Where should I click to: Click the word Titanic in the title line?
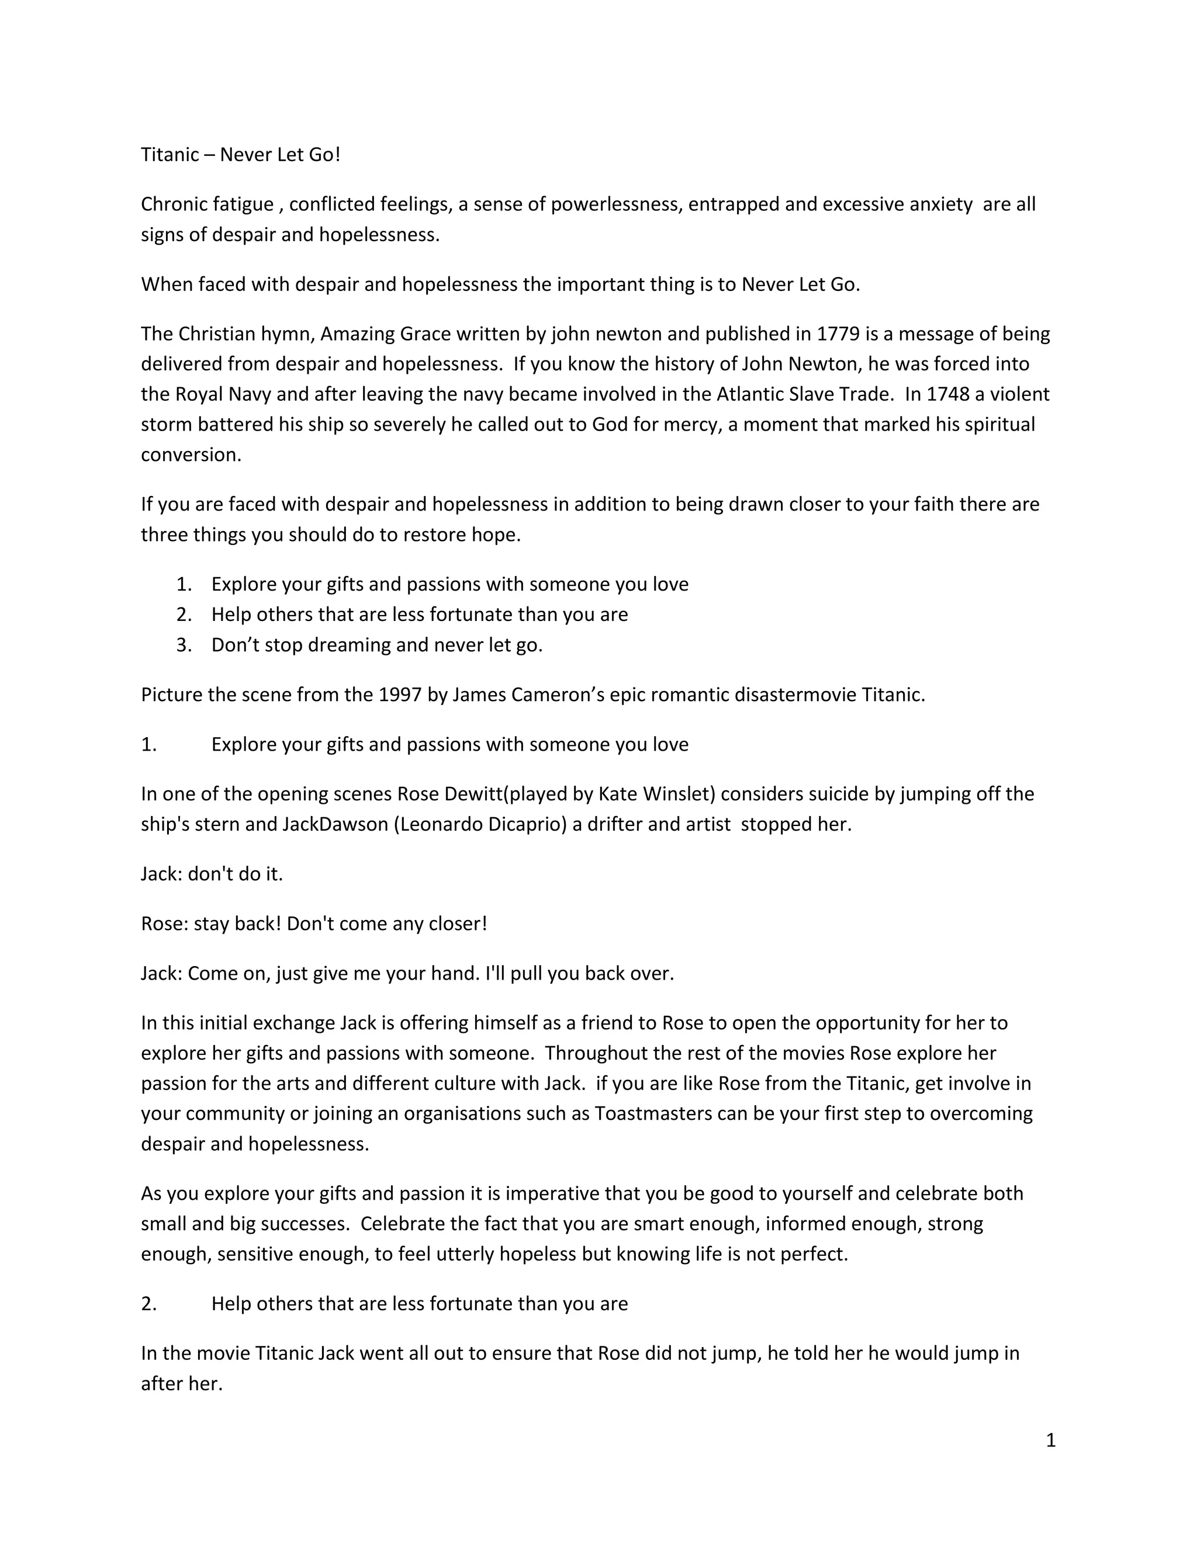click(169, 155)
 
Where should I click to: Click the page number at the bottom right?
click(1050, 1441)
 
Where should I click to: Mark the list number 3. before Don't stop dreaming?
click(184, 645)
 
